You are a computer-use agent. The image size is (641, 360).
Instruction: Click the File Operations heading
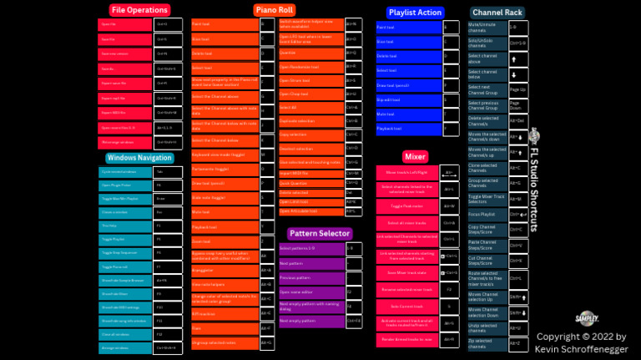(139, 10)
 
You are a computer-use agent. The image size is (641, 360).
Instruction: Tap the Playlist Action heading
(415, 13)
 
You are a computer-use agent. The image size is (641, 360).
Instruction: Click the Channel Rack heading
(497, 13)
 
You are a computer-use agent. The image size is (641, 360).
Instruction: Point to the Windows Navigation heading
(139, 157)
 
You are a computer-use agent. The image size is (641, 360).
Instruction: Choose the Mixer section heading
(415, 156)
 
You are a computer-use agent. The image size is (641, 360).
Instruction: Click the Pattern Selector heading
(320, 233)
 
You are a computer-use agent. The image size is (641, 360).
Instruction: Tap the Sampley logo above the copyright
(587, 317)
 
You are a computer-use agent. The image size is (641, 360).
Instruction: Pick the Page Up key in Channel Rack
(517, 89)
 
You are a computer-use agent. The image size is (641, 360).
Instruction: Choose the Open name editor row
(310, 292)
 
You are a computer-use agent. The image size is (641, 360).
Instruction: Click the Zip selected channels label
(486, 342)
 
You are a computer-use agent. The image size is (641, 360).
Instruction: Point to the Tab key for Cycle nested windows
(164, 171)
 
